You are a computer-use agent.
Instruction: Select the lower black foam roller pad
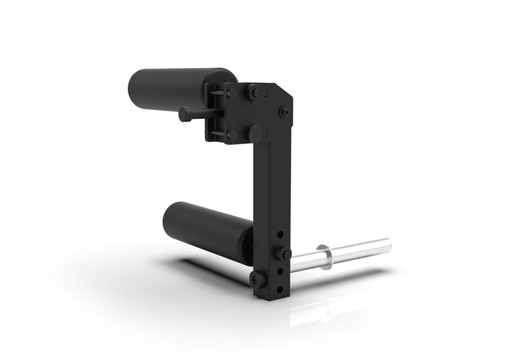205,225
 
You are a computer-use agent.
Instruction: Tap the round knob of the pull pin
186,113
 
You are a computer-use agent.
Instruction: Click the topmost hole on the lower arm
283,234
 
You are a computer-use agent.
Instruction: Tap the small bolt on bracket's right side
284,111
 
